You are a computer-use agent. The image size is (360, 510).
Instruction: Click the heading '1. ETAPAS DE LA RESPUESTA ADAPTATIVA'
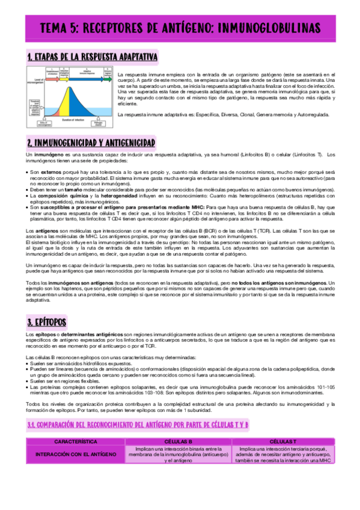point(93,57)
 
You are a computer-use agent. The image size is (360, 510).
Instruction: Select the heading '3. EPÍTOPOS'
point(47,321)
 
